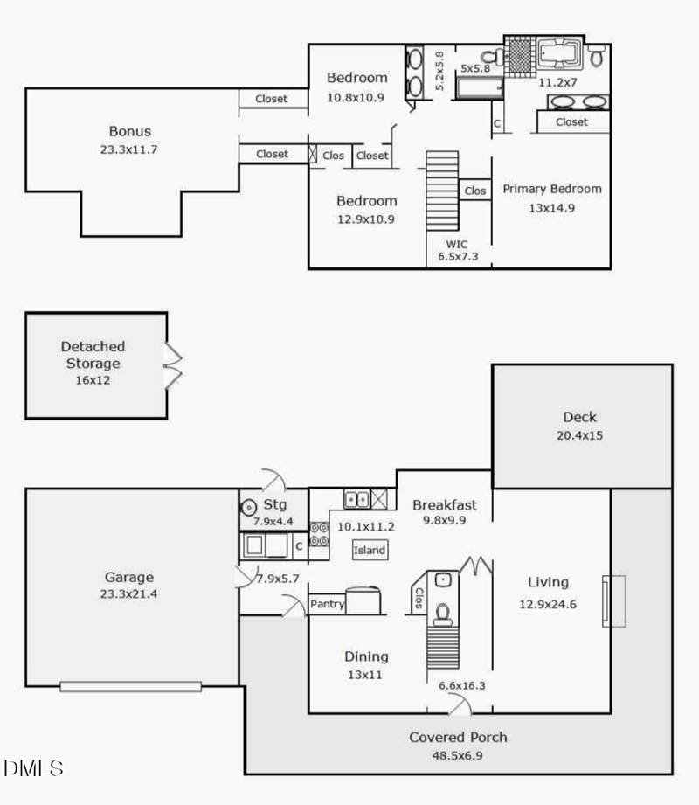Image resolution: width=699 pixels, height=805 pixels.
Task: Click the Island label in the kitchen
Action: [369, 550]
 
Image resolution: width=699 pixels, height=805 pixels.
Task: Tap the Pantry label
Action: [327, 604]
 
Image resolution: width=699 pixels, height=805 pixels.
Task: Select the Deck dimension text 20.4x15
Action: [579, 435]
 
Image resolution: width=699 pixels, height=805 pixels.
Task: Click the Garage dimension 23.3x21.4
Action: [128, 594]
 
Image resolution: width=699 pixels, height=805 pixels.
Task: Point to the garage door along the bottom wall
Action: [130, 686]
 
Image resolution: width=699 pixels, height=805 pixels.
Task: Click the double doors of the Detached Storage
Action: [173, 365]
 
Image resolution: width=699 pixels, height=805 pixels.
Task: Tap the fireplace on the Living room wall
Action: [613, 601]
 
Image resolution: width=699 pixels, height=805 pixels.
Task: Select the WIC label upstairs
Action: [457, 245]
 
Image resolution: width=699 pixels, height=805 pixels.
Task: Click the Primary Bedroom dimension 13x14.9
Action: [551, 208]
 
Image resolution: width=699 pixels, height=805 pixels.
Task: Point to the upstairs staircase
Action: [442, 191]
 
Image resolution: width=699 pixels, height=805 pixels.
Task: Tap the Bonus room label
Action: [130, 131]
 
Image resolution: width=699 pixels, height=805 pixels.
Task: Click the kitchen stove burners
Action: [319, 534]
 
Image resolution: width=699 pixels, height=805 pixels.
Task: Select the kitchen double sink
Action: [356, 498]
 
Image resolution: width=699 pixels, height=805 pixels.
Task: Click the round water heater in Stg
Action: [249, 508]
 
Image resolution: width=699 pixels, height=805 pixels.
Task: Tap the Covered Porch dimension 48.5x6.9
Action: [457, 756]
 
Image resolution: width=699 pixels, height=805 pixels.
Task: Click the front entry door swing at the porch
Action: [460, 704]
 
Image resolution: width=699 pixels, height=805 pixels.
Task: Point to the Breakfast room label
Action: [445, 504]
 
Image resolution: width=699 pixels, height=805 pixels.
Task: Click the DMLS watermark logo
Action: [33, 768]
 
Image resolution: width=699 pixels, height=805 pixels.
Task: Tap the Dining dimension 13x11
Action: [365, 675]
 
